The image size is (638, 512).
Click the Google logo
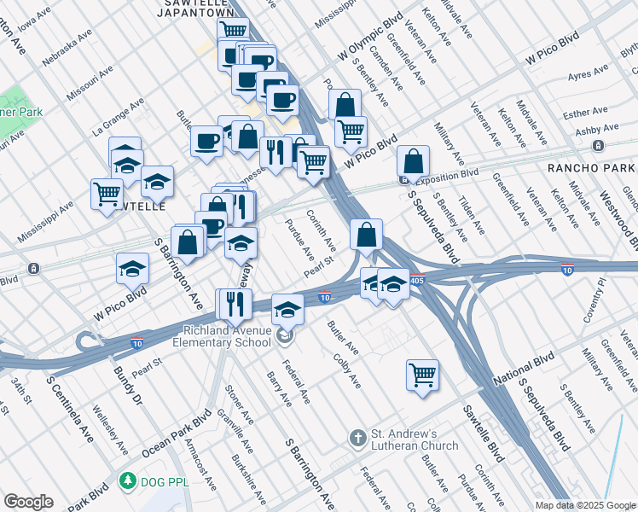click(28, 502)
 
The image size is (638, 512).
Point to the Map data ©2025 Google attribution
click(584, 505)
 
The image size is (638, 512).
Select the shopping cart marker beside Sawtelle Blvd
click(423, 375)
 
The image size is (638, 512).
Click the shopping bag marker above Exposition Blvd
click(413, 160)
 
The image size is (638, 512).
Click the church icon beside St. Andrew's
click(358, 439)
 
